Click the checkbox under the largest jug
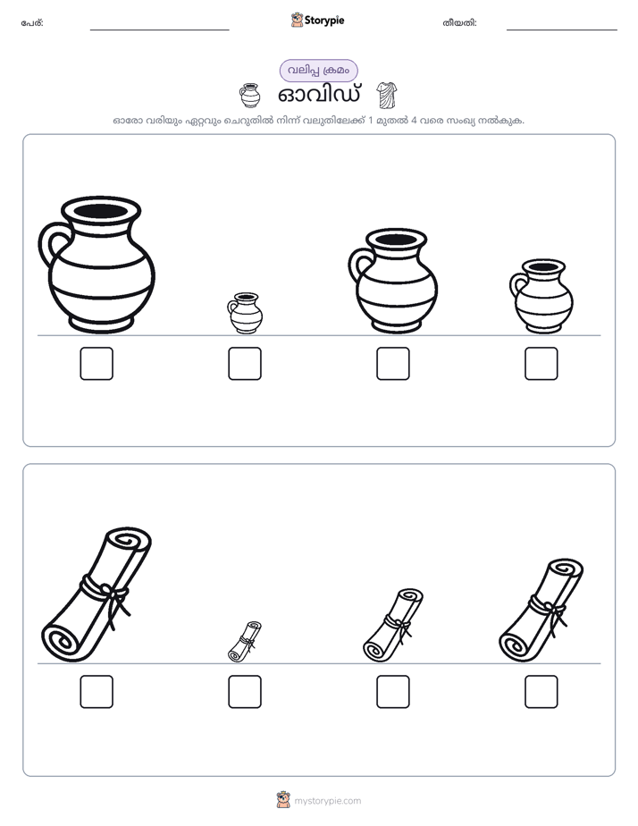coord(97,364)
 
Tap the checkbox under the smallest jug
coord(245,364)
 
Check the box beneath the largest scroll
coord(97,692)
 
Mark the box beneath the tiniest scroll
coord(245,692)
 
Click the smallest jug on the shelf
coord(246,313)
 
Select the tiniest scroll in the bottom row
coord(245,642)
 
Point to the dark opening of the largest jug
coord(101,212)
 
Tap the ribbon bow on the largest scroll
coord(116,601)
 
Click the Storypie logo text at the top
coord(324,21)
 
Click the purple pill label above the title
coord(318,71)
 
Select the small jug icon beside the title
coord(250,96)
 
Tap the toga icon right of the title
coord(387,96)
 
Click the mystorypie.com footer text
coord(327,801)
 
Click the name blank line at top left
coord(159,30)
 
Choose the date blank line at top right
coord(562,30)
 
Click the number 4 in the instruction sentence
coord(414,120)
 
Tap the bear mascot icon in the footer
coord(283,800)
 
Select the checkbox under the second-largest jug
coord(393,364)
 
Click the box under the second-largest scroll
coord(541,692)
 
